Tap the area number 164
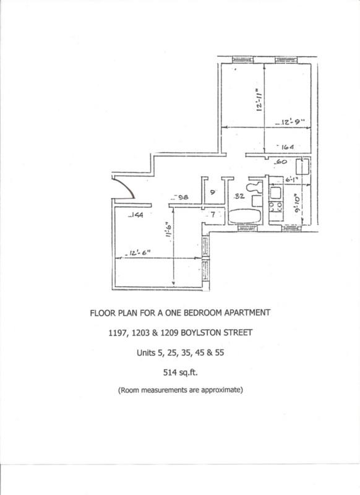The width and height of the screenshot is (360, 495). pos(286,147)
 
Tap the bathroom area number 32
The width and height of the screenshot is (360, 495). pos(239,196)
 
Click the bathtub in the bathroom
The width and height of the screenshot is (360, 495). pos(245,216)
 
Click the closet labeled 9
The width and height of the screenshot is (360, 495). pos(212,193)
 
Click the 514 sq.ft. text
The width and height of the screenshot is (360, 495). pos(179,373)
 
